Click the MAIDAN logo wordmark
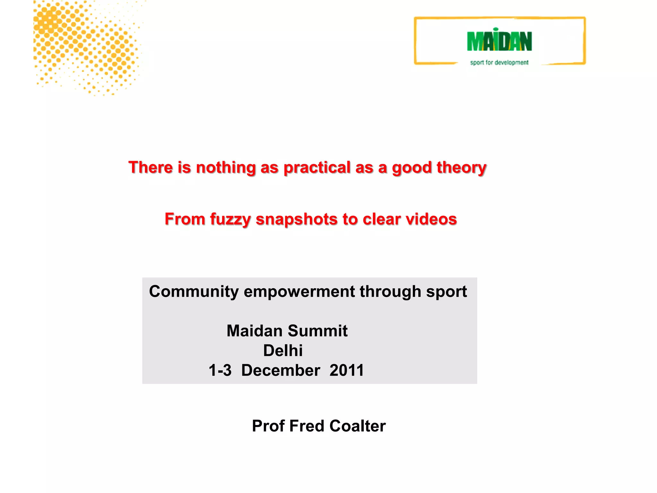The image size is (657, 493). tap(499, 41)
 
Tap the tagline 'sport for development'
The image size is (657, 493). tap(499, 63)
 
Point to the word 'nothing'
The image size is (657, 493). tap(226, 168)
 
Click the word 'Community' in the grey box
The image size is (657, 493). tap(194, 292)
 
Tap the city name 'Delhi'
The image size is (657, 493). tap(283, 350)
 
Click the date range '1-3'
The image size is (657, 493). tap(220, 370)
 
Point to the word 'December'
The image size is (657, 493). tap(280, 370)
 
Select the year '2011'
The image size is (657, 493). tap(347, 370)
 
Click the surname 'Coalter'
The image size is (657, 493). tap(357, 426)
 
